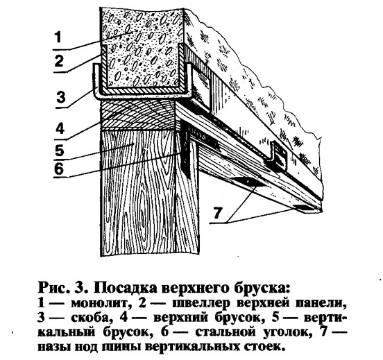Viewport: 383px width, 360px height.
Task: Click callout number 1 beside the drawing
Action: click(58, 37)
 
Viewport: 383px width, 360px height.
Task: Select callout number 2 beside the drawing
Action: click(59, 61)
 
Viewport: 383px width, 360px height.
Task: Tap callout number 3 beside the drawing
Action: click(61, 96)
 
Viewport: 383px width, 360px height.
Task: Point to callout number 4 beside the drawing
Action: click(60, 128)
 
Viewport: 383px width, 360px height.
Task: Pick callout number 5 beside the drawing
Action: click(60, 150)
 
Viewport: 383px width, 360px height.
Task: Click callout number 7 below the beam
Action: click(218, 212)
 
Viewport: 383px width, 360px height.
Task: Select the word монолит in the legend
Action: click(99, 304)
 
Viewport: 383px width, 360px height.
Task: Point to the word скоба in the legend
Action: click(90, 318)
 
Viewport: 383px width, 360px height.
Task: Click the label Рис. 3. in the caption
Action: click(63, 289)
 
